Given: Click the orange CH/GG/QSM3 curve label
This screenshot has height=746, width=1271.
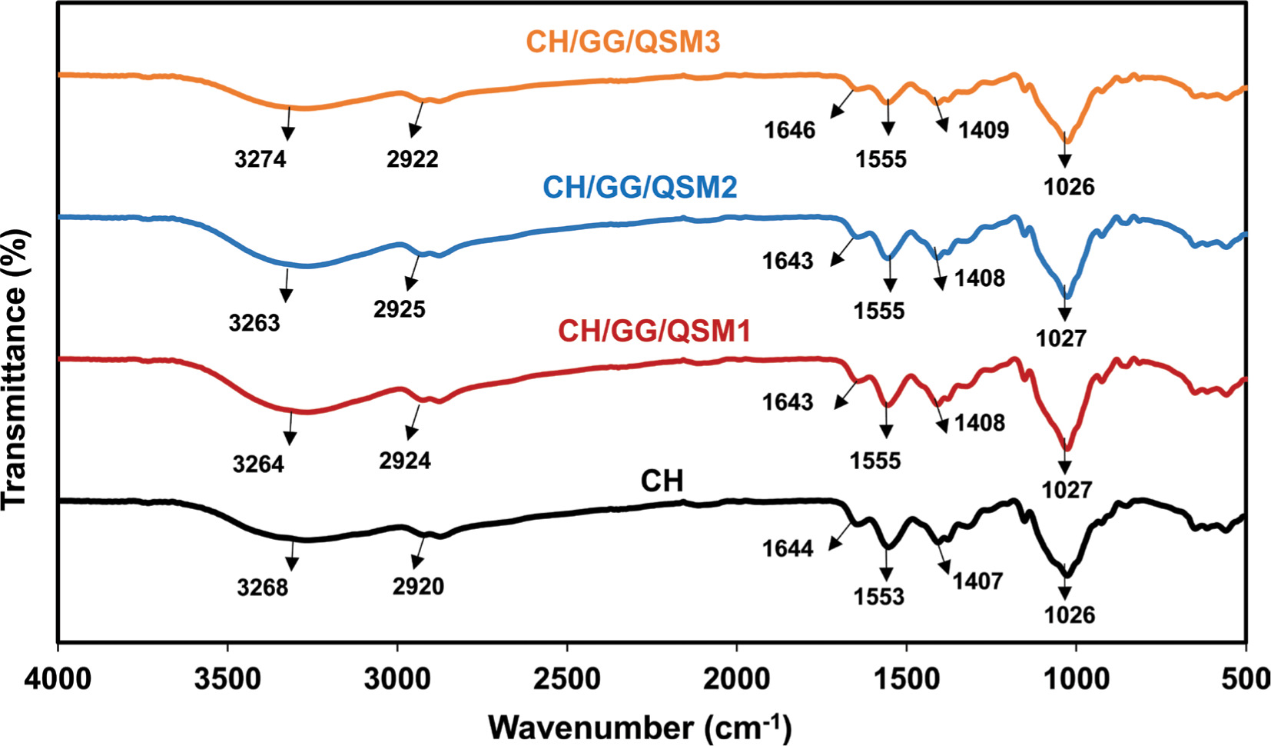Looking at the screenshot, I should point(622,42).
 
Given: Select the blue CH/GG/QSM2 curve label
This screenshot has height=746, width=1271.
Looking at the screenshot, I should point(639,188).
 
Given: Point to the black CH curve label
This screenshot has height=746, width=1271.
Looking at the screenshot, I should point(662,481).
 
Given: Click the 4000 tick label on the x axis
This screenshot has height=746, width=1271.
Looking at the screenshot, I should point(58,680).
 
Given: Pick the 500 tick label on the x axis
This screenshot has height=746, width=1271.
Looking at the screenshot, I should point(1247,680).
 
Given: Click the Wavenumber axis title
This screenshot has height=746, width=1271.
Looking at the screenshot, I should point(639,726).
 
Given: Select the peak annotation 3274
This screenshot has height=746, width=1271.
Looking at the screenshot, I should point(261,159).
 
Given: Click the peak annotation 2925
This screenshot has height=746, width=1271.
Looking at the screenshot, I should point(400,309).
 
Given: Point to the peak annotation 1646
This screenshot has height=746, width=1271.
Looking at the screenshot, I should point(789,130).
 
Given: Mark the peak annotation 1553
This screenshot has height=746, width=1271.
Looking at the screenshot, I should point(878,597).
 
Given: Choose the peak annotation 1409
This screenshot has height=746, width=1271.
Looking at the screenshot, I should point(984,129).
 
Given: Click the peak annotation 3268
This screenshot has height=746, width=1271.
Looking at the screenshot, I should point(263,588).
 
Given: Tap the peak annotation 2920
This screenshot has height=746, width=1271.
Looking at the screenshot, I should point(418,587).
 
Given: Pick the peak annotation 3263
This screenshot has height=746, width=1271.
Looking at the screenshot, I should point(254,323).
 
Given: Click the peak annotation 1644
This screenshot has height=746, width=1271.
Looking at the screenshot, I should point(788,548).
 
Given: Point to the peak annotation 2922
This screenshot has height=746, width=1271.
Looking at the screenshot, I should point(413,159).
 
